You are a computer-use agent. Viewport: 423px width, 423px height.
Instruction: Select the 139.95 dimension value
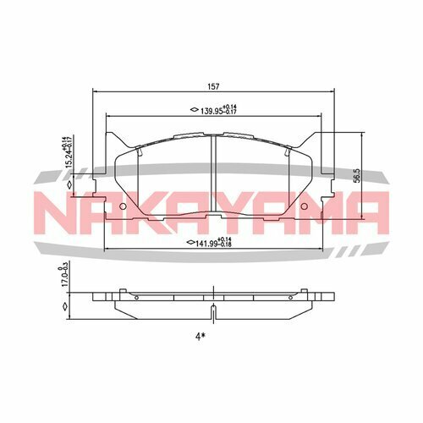[215, 109]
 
